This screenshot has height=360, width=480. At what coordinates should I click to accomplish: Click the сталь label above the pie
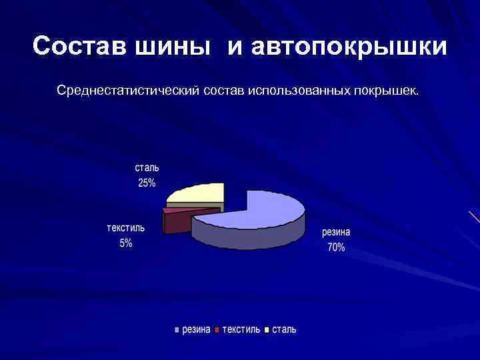click(x=147, y=168)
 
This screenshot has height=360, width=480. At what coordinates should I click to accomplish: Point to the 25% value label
click(x=147, y=183)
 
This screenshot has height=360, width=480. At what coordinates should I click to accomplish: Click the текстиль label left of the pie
click(x=126, y=228)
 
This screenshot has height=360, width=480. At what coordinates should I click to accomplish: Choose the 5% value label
click(x=126, y=243)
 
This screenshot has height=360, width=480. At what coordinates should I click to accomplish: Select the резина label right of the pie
click(x=336, y=233)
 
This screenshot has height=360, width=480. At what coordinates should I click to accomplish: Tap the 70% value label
click(x=336, y=247)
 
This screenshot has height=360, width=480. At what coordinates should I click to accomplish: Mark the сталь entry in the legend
click(x=284, y=330)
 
